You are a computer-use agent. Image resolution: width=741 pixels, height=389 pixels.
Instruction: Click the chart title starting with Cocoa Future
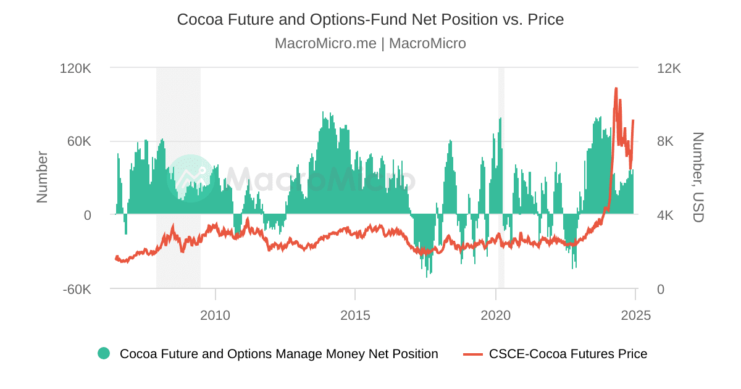point(371,19)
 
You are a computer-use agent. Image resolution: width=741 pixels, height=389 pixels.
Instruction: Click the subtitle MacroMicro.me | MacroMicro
point(371,43)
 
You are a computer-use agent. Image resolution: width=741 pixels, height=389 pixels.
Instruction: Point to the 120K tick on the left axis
point(75,68)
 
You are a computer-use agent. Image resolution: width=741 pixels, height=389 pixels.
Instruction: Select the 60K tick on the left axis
point(79,141)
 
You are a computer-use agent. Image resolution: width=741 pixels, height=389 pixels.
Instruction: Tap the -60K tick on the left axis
point(77,289)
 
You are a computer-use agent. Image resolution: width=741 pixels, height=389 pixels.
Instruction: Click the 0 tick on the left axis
point(87,215)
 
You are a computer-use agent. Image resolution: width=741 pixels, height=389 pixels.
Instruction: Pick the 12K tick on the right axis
point(668,68)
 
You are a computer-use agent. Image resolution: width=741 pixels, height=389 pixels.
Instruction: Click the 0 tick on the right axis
point(660,289)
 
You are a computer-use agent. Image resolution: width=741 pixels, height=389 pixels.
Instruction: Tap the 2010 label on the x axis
point(216,316)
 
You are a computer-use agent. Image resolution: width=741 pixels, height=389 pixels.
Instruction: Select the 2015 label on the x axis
point(355,316)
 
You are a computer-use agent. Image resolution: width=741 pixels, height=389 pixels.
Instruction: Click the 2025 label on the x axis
point(636,316)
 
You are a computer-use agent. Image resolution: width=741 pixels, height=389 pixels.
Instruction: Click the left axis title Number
point(42,177)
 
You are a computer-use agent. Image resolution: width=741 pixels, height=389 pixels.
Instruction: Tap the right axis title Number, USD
point(698,177)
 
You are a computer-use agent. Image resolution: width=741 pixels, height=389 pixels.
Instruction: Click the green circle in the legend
point(104,354)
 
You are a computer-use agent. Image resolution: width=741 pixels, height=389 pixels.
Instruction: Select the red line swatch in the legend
point(472,354)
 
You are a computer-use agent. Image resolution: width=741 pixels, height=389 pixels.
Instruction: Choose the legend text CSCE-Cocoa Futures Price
point(568,354)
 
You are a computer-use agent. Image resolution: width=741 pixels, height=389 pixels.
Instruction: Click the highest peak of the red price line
point(616,88)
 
